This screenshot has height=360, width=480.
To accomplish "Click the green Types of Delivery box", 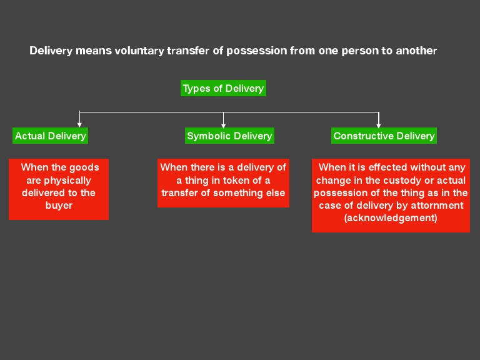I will point(223,88).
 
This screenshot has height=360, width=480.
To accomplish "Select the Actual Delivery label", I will point(51,136).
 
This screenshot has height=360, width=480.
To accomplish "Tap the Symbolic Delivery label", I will point(229,136).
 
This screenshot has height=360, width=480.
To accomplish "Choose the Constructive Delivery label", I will point(384,136).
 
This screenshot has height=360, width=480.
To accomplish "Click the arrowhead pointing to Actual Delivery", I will point(79,124).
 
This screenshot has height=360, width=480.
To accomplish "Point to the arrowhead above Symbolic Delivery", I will point(224,124).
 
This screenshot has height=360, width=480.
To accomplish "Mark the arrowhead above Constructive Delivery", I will point(379,124).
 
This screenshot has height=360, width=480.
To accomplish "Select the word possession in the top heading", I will point(257,51).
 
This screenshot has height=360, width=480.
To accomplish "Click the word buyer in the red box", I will point(59,205).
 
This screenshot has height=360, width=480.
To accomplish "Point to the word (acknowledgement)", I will point(391,218).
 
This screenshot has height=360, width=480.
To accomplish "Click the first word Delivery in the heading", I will point(51,51).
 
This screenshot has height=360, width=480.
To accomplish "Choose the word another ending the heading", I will point(417,51).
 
